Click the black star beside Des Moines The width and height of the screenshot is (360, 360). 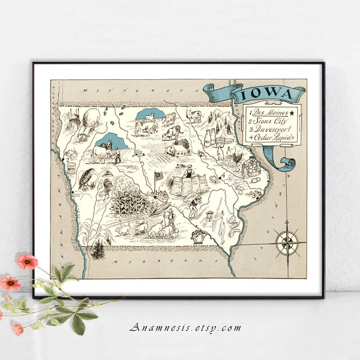[x=291, y=112]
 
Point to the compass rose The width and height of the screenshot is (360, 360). [x=287, y=242]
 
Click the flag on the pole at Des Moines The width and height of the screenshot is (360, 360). [x=159, y=177]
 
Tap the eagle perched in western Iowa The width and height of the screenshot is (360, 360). [x=87, y=178]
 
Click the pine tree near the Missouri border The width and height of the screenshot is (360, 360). [x=98, y=249]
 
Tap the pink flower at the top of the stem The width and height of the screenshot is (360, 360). [x=27, y=261]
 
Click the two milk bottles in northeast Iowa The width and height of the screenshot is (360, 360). [x=211, y=137]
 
